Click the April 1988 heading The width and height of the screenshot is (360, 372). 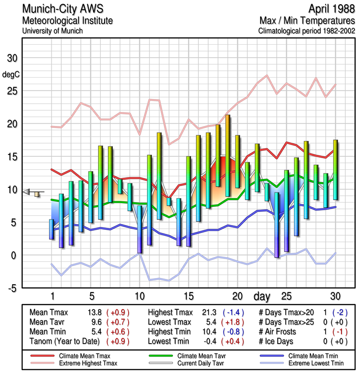[x=328, y=9]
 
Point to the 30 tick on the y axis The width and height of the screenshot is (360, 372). [x=12, y=58]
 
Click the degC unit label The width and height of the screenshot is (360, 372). [x=11, y=74]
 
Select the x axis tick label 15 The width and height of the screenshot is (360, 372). [x=189, y=296]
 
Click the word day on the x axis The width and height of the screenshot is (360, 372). [x=262, y=296]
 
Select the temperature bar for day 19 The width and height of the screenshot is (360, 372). [x=228, y=156]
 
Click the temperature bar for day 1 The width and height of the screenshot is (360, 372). [x=52, y=229]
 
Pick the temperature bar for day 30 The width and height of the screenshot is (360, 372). [x=335, y=170]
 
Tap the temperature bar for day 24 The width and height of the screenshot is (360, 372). [x=276, y=225]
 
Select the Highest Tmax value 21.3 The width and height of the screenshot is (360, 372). [x=209, y=312]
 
